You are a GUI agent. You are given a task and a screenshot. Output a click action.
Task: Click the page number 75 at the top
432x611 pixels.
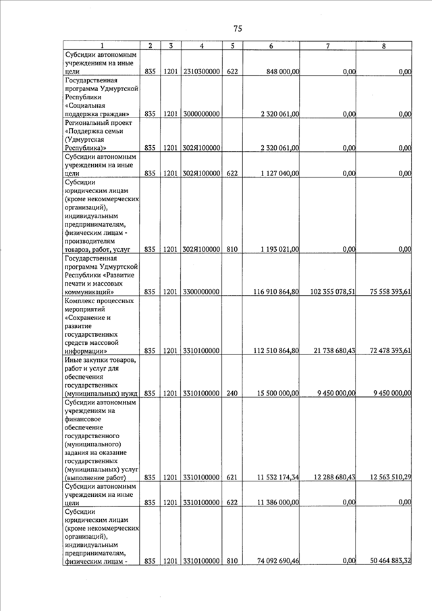click(238, 28)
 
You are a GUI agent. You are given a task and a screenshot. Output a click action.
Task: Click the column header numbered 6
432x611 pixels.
click(271, 46)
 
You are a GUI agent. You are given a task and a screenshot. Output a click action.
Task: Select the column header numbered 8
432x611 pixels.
click(384, 46)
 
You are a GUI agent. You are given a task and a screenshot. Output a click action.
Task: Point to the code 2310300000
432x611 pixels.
click(202, 71)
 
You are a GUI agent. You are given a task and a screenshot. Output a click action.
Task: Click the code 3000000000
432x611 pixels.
click(202, 114)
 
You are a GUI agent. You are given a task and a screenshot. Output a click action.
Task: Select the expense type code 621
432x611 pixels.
click(232, 477)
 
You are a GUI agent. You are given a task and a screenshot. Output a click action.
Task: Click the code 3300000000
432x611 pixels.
click(202, 292)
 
